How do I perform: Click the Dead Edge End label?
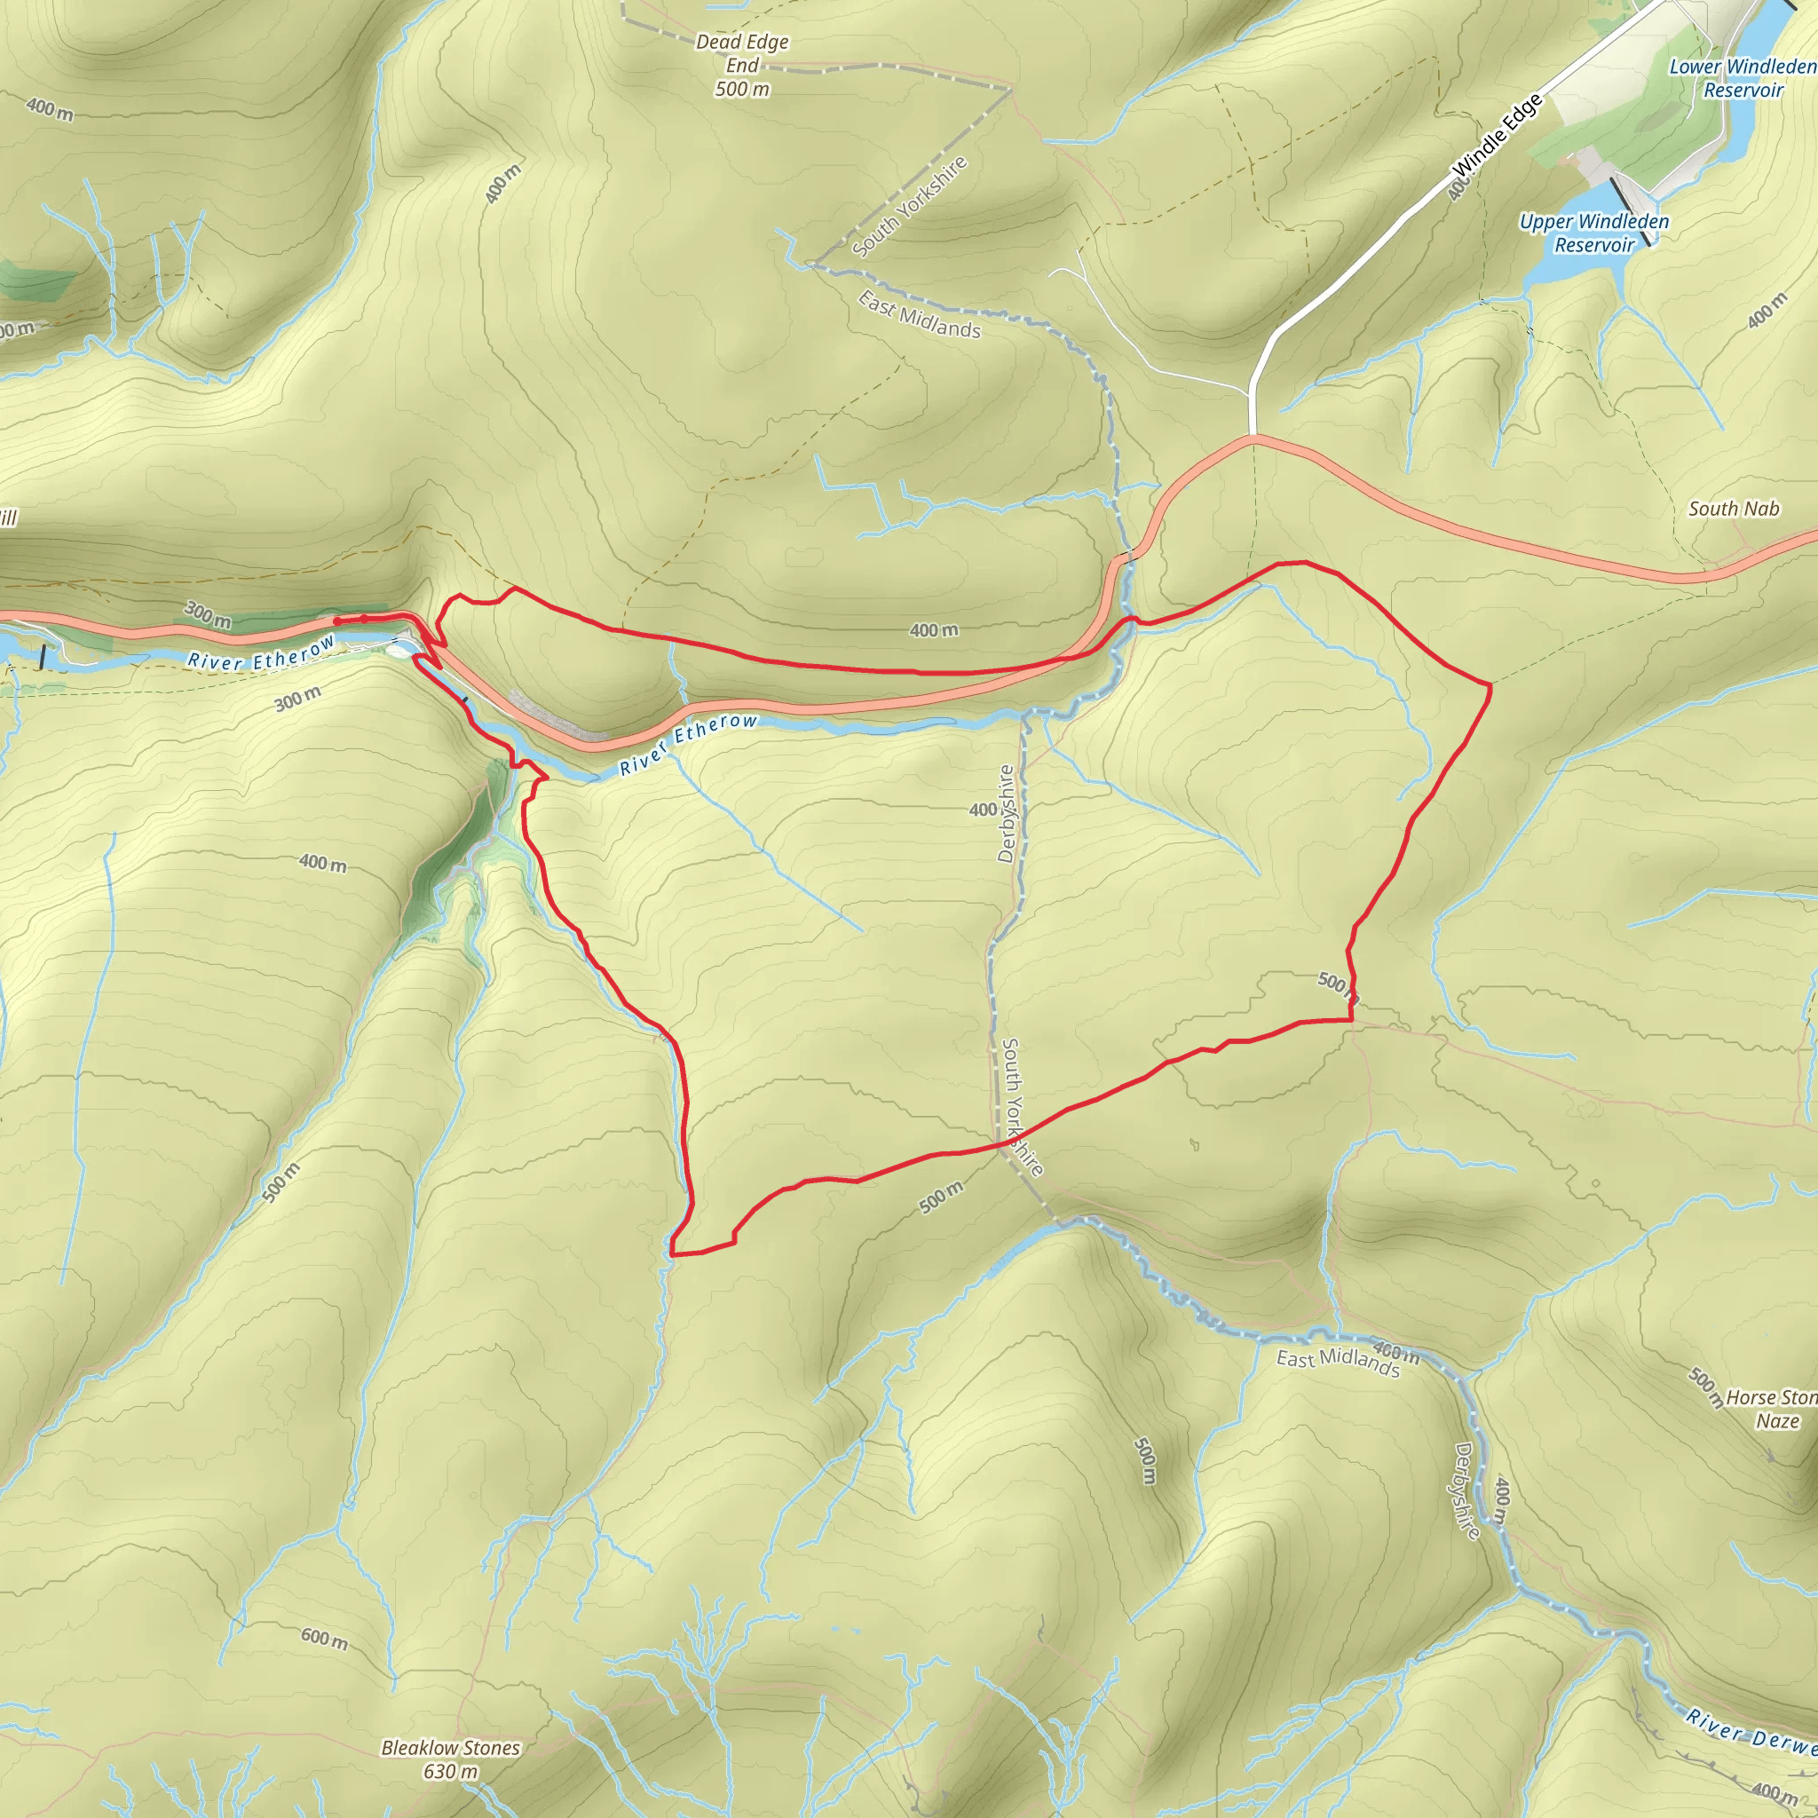[742, 65]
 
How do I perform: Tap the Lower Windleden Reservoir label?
[1742, 78]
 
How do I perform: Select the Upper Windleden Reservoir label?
[1594, 233]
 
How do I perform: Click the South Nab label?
[1734, 509]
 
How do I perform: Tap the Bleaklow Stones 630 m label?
[450, 1759]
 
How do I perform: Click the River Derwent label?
[1751, 1730]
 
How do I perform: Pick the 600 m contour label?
[325, 1639]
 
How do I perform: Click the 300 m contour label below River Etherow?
[297, 699]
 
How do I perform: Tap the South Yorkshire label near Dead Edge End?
[909, 206]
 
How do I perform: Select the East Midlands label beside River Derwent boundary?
[1337, 1361]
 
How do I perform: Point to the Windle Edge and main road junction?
[1253, 436]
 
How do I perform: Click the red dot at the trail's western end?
[336, 621]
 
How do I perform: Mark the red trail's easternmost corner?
[1490, 686]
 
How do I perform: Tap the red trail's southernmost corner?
[672, 1253]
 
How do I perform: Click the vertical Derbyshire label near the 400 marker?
[1006, 814]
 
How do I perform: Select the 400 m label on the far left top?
[49, 109]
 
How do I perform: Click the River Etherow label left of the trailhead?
[261, 653]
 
